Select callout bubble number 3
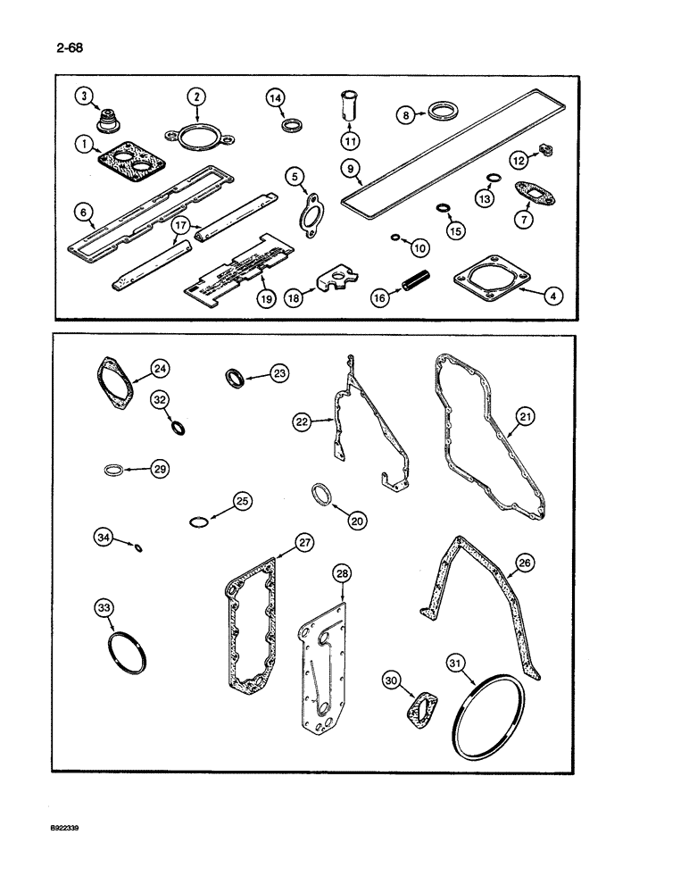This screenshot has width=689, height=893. point(82,96)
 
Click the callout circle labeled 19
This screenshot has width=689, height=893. point(265,300)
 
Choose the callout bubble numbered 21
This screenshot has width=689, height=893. point(525,416)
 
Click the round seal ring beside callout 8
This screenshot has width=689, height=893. point(441,113)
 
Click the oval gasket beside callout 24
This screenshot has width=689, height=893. point(116,383)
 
